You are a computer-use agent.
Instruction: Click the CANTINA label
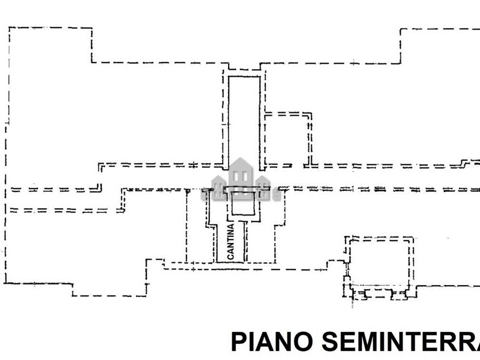[230, 241]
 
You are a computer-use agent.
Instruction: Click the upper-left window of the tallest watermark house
[236, 175]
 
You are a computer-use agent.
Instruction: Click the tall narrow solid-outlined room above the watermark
[244, 120]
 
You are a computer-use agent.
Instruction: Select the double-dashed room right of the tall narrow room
[287, 138]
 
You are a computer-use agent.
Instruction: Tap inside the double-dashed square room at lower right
[380, 261]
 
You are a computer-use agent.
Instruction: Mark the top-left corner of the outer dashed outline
[8, 28]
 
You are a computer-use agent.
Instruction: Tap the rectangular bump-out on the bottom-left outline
[110, 288]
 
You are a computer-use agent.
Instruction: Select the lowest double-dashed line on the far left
[60, 210]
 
